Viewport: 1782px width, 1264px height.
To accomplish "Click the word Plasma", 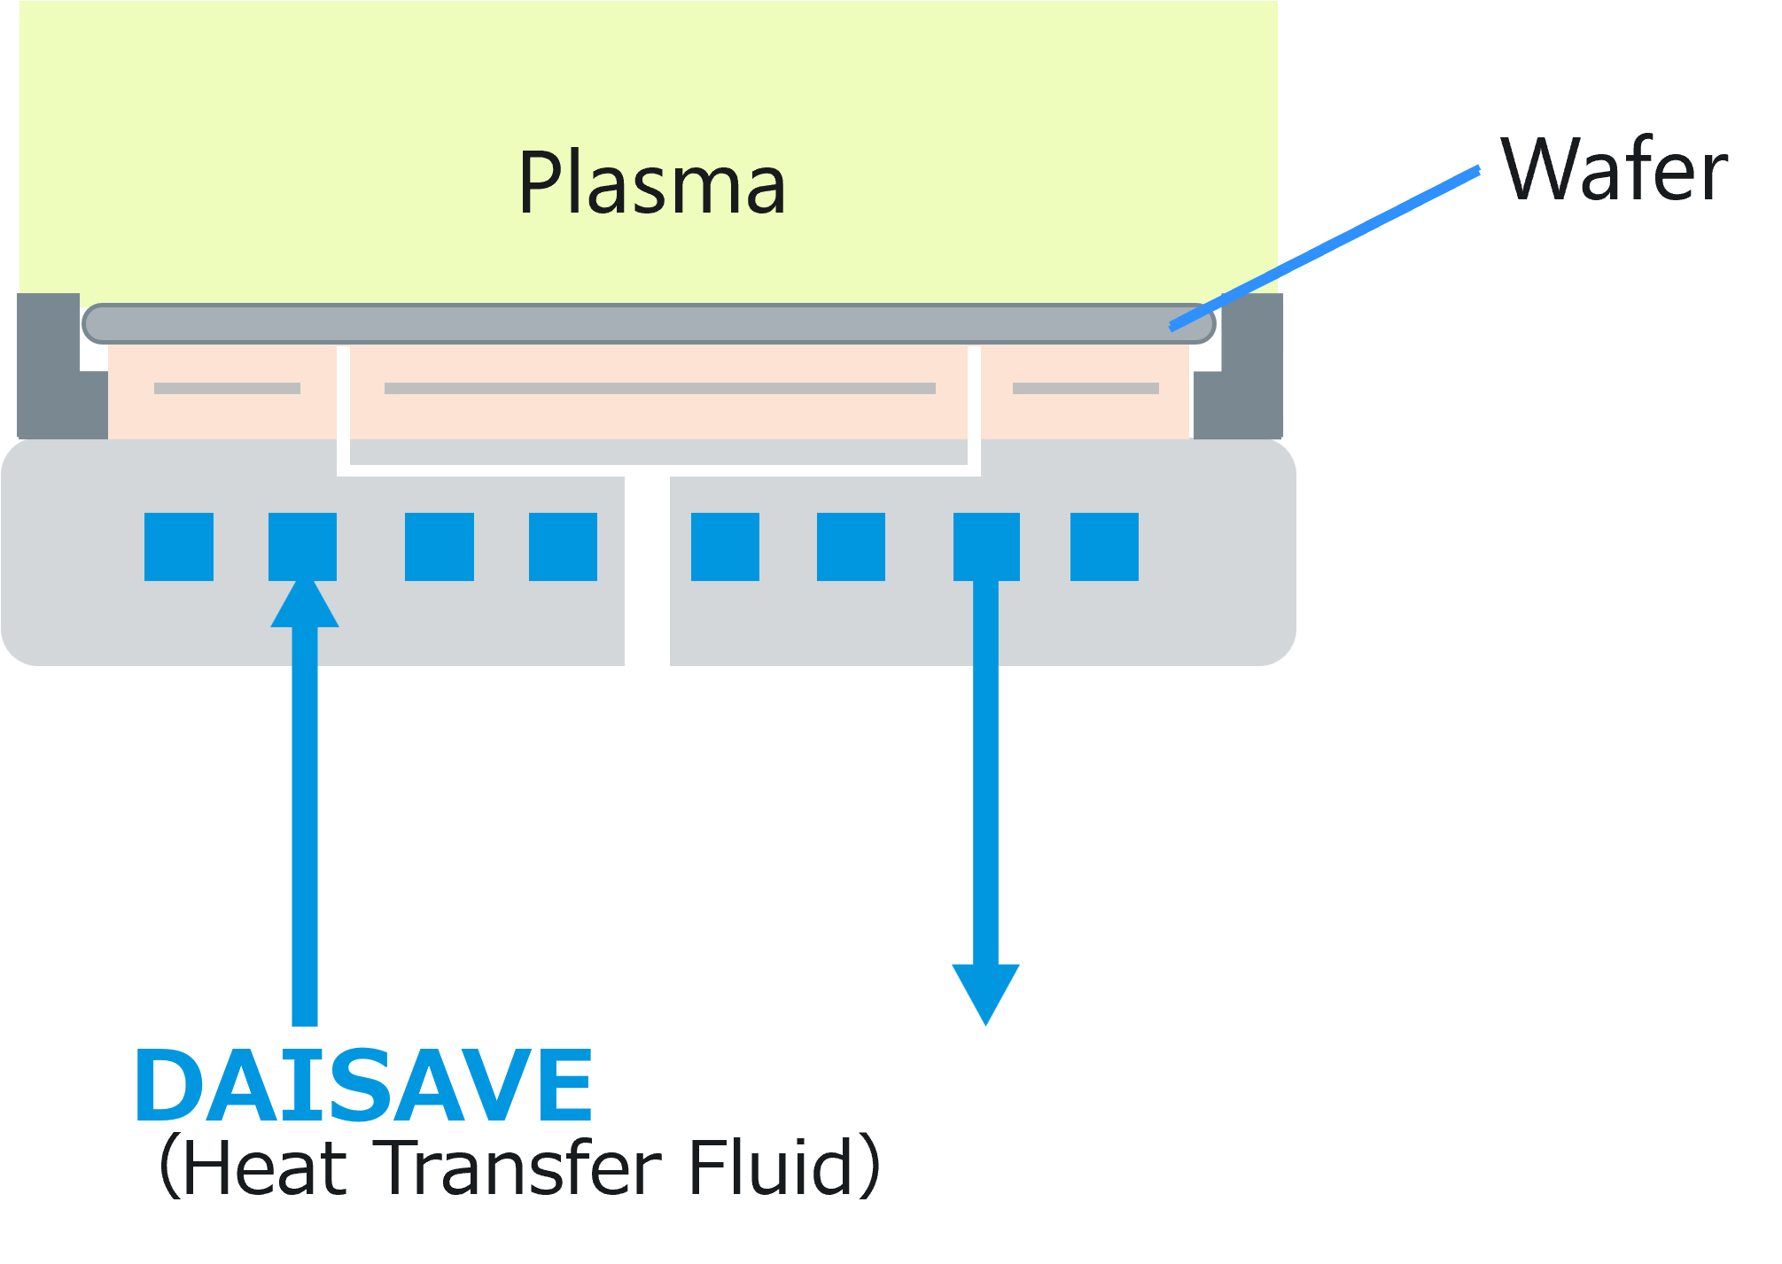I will point(651,183).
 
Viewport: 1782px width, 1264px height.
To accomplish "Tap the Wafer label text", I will point(1614,170).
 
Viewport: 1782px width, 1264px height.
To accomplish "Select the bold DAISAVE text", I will point(363,1084).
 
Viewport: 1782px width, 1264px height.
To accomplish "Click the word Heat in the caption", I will point(266,1167).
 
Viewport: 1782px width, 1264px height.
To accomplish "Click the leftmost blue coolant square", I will point(179,547).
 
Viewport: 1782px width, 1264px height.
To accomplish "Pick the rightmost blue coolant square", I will point(1104,547).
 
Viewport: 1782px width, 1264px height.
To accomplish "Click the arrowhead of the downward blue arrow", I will point(985,992).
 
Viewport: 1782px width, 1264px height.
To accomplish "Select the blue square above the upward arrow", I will point(302,547).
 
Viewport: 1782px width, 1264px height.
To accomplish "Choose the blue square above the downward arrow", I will point(986,547).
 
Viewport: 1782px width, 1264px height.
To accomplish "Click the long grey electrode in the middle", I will point(659,388).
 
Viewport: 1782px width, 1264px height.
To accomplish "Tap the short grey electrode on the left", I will point(227,388).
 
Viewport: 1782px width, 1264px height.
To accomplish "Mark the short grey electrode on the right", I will point(1086,388).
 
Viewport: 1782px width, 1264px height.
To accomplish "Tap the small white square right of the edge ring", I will point(1308,383).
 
